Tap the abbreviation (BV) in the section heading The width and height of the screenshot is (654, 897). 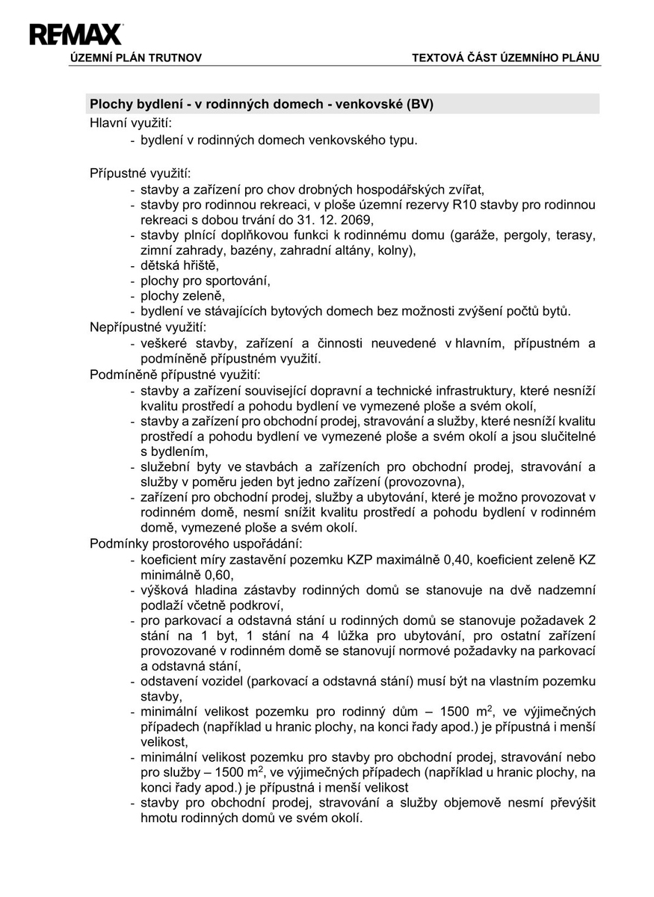click(x=419, y=104)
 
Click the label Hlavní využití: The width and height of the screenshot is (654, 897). click(x=131, y=123)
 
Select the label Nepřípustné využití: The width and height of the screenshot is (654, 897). click(x=148, y=327)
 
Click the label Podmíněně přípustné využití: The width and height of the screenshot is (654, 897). click(x=175, y=374)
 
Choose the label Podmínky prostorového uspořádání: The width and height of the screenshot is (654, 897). click(x=196, y=543)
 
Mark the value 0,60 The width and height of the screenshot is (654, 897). click(x=217, y=575)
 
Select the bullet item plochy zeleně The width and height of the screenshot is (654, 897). click(x=182, y=296)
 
